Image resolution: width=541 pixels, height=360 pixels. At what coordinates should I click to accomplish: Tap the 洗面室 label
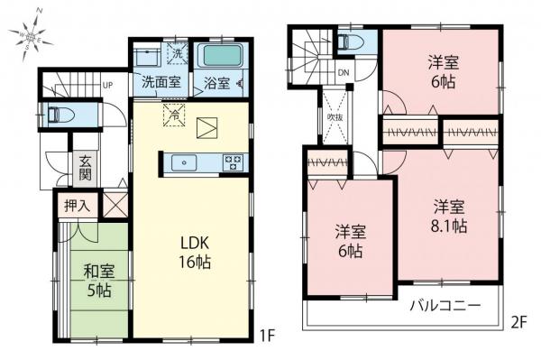[160, 83]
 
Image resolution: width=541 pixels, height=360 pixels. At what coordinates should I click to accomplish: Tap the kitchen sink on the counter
[184, 163]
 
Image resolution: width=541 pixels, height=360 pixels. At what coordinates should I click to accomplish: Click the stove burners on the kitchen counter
[232, 163]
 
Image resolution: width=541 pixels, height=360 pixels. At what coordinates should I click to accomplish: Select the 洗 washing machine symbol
[177, 54]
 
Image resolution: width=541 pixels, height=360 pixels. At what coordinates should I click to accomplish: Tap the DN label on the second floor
[343, 73]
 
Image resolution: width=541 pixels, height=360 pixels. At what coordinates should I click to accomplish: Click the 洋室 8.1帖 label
[446, 216]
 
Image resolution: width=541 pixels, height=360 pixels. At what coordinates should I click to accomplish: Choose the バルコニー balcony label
[446, 305]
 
